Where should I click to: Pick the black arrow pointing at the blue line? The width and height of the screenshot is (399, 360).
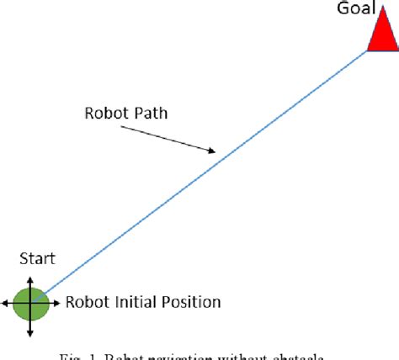[168, 139]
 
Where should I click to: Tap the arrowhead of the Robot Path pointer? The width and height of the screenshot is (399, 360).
[211, 151]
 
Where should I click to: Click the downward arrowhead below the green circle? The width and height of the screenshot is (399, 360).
[30, 334]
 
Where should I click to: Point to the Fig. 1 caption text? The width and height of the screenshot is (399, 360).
[199, 353]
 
